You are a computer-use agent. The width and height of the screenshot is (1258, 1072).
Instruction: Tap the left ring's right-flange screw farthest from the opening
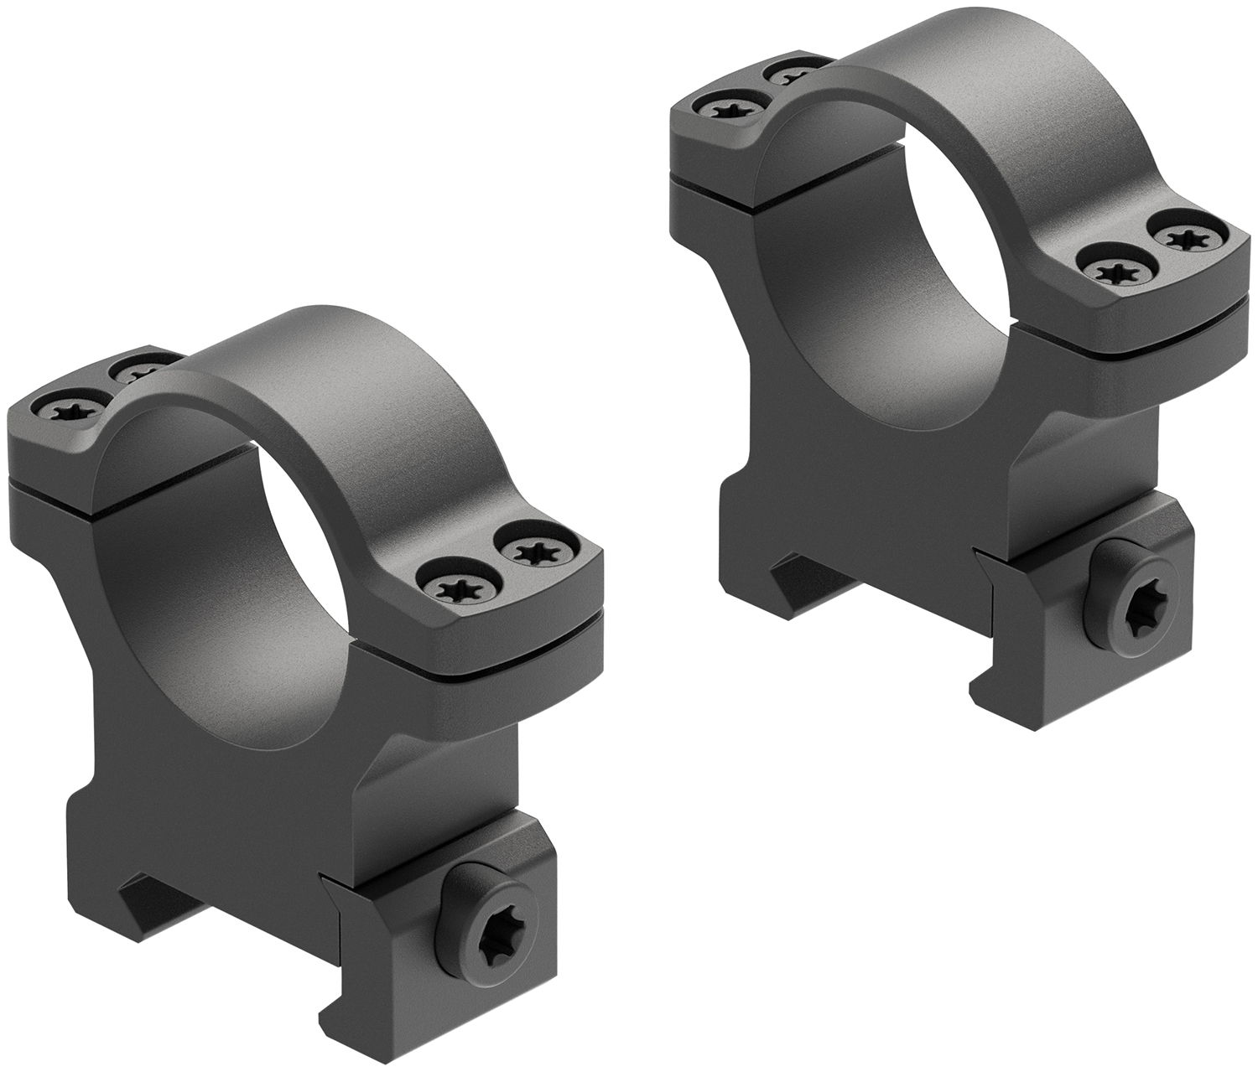(x=531, y=551)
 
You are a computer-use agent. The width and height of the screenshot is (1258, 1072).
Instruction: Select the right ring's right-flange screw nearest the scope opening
(x=1107, y=271)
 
